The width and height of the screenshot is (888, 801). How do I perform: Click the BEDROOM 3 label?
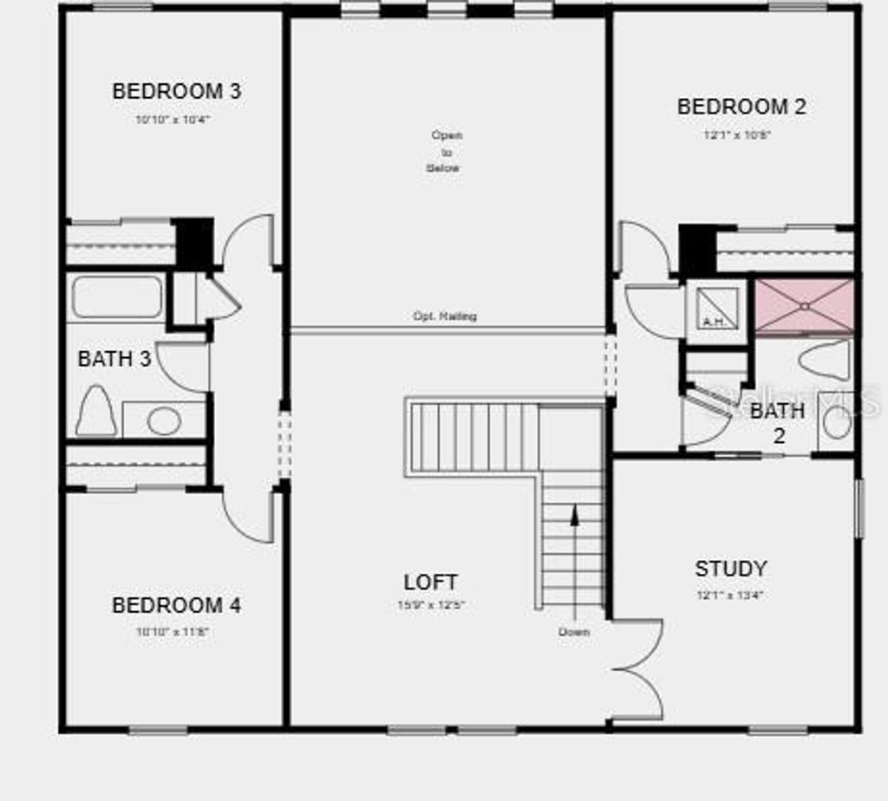coord(176,91)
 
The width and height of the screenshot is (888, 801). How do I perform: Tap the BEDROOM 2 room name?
coord(741,107)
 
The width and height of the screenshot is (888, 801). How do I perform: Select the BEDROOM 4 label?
coord(176,605)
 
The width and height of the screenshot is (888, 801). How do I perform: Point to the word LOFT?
coord(431,583)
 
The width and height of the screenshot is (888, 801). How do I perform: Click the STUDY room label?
coord(730,569)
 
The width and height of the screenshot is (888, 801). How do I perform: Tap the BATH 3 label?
coord(114,358)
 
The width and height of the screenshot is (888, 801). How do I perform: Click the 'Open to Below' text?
coord(446,152)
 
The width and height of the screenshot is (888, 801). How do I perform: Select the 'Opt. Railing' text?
coord(445,316)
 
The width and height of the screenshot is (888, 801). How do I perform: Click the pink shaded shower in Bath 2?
coord(804,305)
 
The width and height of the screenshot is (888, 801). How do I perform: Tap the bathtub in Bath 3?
coord(116,297)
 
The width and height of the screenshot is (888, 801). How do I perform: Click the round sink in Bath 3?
coord(163,420)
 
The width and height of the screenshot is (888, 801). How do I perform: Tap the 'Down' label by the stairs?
coord(574,632)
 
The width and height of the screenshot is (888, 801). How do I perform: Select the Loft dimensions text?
coord(431,605)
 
